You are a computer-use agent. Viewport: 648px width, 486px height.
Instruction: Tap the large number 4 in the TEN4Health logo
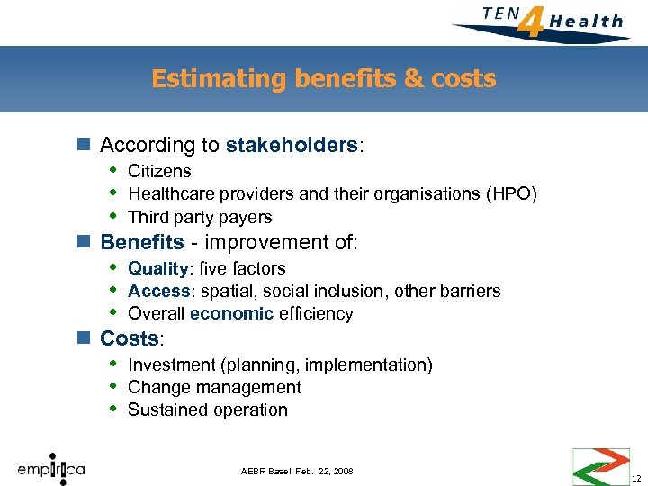pyautogui.click(x=532, y=21)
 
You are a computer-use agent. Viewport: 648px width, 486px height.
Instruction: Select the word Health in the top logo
pyautogui.click(x=586, y=21)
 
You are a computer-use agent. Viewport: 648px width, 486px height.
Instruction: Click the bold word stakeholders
pyautogui.click(x=292, y=145)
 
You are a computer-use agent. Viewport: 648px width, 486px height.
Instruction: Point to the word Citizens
pyautogui.click(x=159, y=171)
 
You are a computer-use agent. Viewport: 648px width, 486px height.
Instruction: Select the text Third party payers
pyautogui.click(x=200, y=217)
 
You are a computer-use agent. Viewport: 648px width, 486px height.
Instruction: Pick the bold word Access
pyautogui.click(x=157, y=291)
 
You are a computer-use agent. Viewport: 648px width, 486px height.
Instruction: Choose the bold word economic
pyautogui.click(x=231, y=313)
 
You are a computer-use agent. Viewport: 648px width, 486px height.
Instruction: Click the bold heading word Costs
pyautogui.click(x=130, y=338)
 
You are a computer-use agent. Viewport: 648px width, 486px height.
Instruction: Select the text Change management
pyautogui.click(x=214, y=387)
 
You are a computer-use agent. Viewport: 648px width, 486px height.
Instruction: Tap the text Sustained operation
pyautogui.click(x=208, y=409)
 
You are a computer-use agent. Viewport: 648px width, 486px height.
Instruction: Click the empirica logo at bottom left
pyautogui.click(x=52, y=467)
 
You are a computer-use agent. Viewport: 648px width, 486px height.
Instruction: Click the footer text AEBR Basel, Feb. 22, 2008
pyautogui.click(x=297, y=472)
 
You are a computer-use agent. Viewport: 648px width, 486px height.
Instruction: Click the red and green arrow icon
pyautogui.click(x=600, y=466)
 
